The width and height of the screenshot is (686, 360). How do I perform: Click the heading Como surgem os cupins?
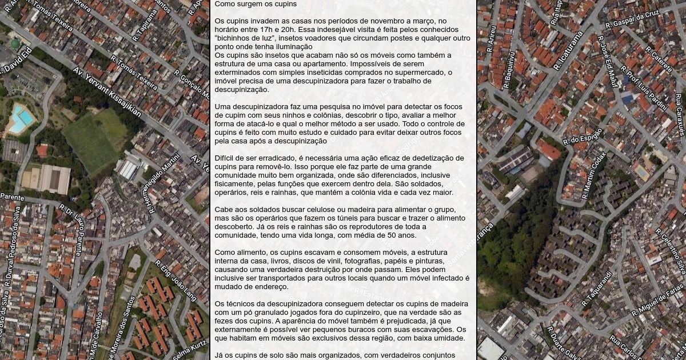click(x=256, y=4)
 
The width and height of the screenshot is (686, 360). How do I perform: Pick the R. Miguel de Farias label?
click(x=657, y=302)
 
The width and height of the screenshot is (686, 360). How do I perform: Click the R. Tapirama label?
click(x=145, y=24)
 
